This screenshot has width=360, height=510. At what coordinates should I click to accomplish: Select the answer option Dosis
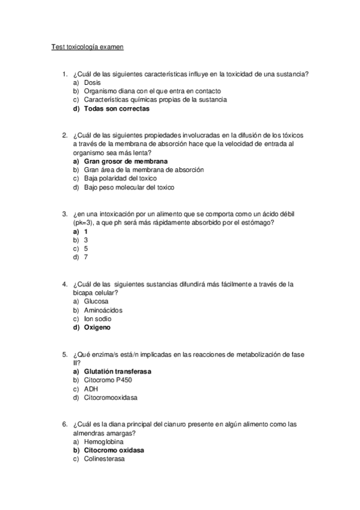92,82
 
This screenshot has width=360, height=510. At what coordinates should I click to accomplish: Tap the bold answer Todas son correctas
117,109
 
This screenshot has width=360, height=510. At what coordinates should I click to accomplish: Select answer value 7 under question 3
86,257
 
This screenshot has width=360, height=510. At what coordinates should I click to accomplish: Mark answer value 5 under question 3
86,248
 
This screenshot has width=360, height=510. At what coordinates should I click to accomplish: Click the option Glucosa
96,301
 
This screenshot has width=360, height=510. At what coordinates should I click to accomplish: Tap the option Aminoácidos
103,310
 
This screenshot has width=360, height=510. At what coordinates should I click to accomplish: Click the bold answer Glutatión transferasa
118,372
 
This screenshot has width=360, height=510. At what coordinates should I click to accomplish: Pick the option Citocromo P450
107,381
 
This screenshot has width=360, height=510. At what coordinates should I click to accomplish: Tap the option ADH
91,389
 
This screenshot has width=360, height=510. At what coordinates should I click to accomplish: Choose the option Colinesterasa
104,459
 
